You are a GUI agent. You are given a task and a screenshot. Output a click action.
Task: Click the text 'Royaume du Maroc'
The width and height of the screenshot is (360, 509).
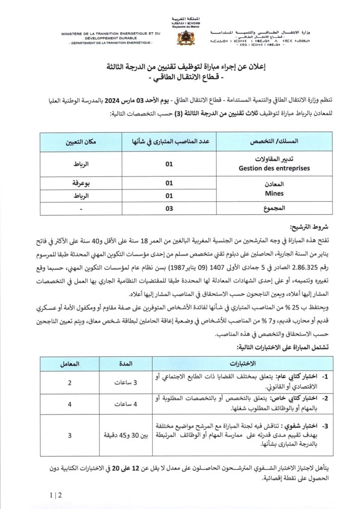(180, 27)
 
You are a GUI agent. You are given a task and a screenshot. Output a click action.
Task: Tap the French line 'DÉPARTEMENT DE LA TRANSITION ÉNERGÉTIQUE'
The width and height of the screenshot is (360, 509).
(111, 43)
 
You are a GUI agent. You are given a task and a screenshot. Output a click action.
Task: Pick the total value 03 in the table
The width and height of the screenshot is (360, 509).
(169, 208)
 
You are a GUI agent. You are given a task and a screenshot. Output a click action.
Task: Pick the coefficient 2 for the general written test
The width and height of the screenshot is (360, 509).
(70, 383)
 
